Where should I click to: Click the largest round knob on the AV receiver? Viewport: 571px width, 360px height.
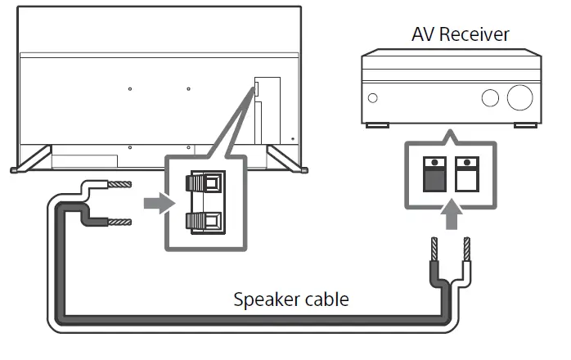519,97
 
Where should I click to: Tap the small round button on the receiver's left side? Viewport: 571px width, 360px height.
373,98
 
